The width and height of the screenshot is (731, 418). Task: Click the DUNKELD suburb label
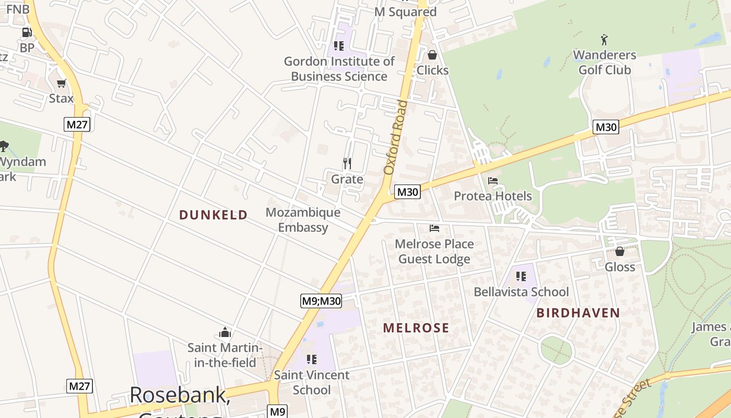[213, 215]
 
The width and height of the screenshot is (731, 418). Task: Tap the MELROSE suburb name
[416, 328]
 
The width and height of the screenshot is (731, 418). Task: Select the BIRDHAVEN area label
[578, 313]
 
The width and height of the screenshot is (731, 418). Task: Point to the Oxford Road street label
[395, 137]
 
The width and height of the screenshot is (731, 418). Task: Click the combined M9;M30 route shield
[321, 301]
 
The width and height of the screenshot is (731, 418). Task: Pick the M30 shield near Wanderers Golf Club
[606, 127]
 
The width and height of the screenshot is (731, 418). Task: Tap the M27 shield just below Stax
[78, 124]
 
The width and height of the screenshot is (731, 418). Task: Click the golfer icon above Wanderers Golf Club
[605, 40]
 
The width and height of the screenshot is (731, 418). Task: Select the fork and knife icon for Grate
[347, 164]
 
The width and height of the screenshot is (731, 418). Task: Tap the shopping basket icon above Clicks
[432, 55]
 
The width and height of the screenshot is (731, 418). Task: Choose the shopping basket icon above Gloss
[620, 251]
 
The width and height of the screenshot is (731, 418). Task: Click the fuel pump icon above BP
[27, 32]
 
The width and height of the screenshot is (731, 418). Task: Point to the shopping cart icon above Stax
[62, 83]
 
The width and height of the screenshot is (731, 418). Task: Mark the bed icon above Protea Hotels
[493, 181]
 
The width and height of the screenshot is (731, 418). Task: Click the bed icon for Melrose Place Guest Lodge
[434, 228]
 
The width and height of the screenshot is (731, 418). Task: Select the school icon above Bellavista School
[521, 276]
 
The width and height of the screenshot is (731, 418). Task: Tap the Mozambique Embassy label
[303, 220]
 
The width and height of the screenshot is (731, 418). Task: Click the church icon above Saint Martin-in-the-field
[225, 332]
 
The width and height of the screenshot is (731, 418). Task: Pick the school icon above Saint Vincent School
[312, 359]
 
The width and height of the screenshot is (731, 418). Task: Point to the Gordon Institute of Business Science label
[339, 68]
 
